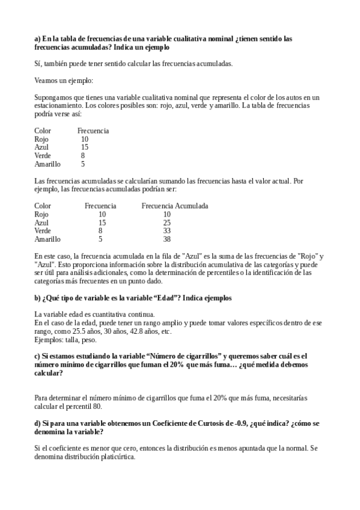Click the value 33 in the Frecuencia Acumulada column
pos(167,230)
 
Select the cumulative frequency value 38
pos(167,239)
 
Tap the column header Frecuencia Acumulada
pos(175,206)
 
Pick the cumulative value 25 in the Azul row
pos(167,223)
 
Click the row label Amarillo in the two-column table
pos(47,164)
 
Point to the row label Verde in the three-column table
pos(43,230)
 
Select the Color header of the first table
pos(43,131)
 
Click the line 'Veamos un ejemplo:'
pos(63,80)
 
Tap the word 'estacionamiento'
pos(56,105)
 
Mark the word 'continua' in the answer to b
pos(142,315)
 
